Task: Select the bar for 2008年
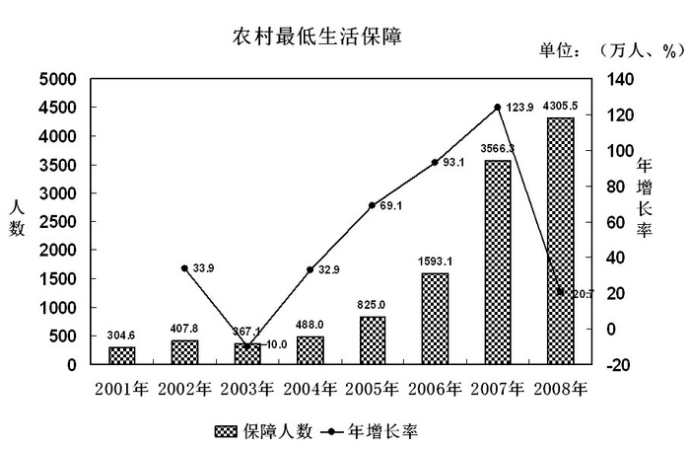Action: click(560, 242)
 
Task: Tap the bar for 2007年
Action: click(497, 262)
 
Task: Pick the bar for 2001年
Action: click(121, 355)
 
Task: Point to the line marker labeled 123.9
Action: click(497, 107)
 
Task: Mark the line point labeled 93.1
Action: click(435, 162)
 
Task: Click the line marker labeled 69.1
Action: click(372, 205)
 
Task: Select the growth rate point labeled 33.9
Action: click(184, 267)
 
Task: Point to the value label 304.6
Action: click(121, 335)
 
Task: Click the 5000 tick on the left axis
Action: click(58, 79)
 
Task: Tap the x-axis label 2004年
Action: click(310, 388)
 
